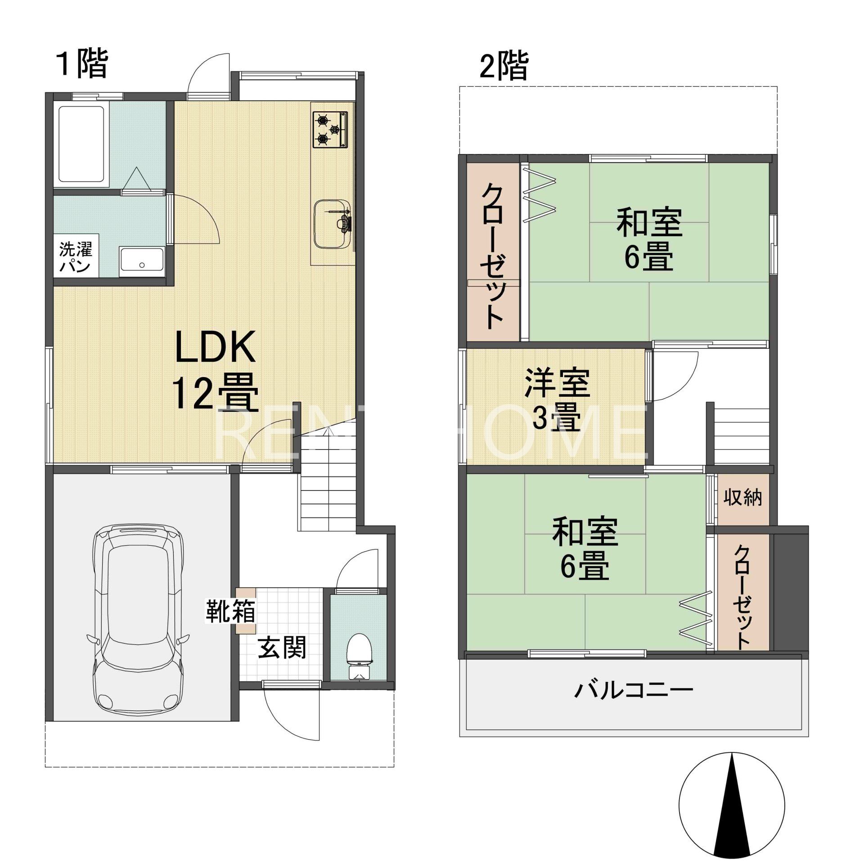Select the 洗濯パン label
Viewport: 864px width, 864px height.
click(75, 257)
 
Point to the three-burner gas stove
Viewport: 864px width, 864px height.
click(330, 130)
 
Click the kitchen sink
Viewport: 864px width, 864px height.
click(333, 223)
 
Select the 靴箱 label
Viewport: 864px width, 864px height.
click(230, 611)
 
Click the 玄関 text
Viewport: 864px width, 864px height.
click(282, 647)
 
